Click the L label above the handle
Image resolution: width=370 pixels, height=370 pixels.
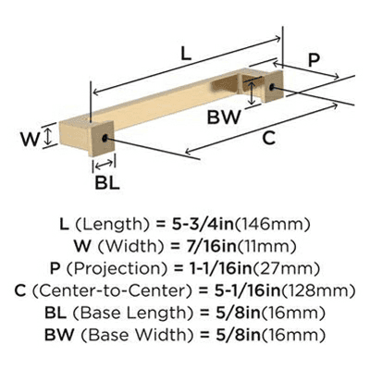[186, 54]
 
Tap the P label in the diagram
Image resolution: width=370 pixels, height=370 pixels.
[314, 60]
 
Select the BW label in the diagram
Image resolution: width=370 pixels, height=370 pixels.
[224, 117]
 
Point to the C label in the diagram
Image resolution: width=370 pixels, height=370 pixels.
[269, 138]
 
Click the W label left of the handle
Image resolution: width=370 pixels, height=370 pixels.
[30, 139]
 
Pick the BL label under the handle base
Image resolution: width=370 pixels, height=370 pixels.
[107, 183]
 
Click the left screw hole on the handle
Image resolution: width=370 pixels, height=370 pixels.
[105, 138]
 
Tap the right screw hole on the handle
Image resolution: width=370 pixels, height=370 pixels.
[272, 87]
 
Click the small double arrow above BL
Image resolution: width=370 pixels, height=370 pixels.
[104, 165]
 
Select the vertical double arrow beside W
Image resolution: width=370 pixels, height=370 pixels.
[47, 137]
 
